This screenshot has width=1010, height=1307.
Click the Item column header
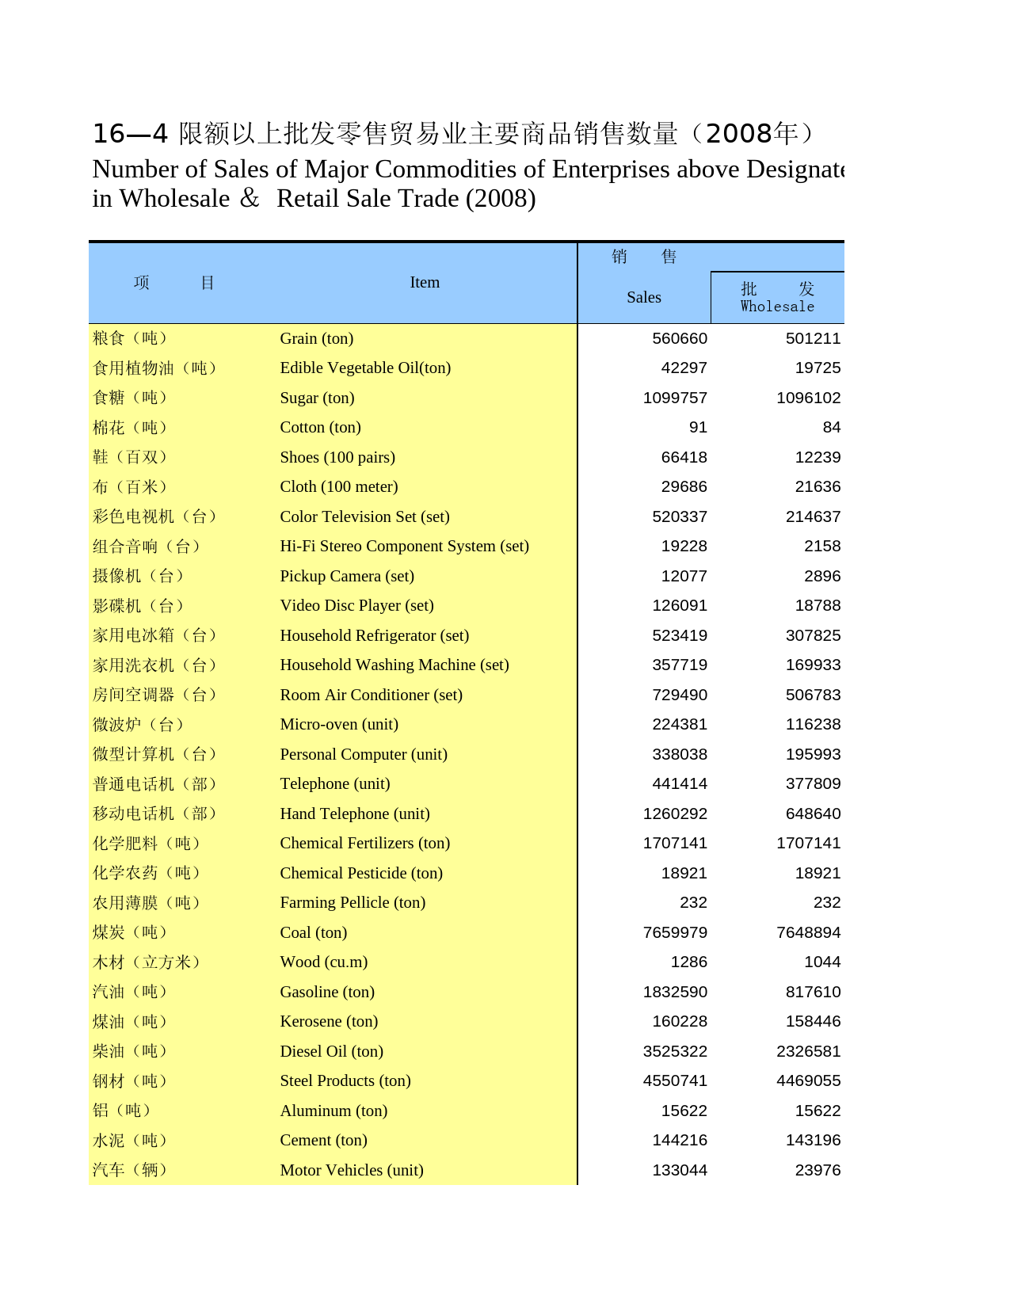(425, 283)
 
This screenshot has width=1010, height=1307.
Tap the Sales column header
(643, 297)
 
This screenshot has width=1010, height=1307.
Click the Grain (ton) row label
(317, 338)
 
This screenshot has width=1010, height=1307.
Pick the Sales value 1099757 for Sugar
(675, 398)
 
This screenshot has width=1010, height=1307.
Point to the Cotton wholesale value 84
(831, 428)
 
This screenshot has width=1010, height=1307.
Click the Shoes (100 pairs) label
(337, 457)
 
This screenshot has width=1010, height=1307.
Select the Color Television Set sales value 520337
(680, 516)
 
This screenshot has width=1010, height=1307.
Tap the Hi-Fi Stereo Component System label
(404, 546)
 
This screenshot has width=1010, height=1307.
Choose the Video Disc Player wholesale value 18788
(818, 606)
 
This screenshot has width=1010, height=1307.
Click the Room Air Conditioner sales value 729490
(680, 695)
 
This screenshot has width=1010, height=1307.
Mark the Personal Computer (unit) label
(364, 754)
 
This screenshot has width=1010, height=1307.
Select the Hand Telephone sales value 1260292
(675, 814)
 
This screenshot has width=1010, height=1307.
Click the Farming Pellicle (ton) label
(353, 902)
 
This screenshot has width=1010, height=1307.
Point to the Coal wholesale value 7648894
(808, 932)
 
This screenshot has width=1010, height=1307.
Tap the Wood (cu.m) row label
(323, 962)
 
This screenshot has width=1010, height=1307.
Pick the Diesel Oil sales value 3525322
(675, 1051)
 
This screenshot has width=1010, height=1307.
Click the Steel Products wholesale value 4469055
(808, 1080)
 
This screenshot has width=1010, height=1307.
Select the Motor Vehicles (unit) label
(352, 1170)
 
